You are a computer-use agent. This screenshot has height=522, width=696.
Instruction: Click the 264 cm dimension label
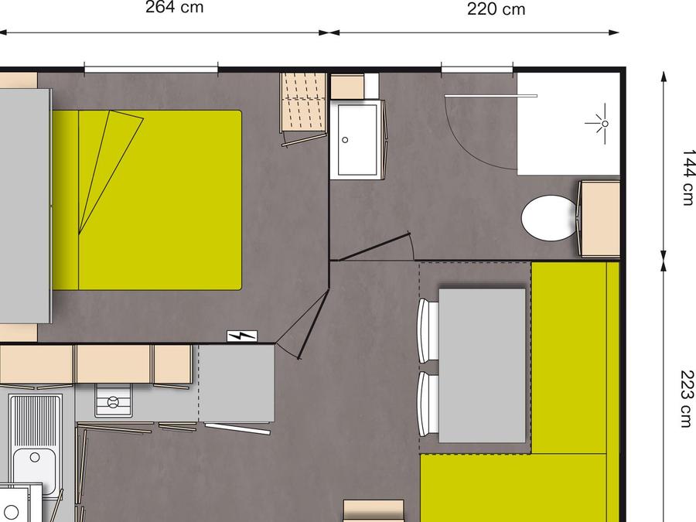pyautogui.click(x=175, y=7)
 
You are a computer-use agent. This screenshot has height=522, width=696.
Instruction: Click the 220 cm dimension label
pyautogui.click(x=496, y=9)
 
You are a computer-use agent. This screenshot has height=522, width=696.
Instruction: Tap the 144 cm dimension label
pyautogui.click(x=687, y=177)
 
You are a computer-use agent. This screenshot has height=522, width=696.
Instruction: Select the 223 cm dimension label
pyautogui.click(x=687, y=398)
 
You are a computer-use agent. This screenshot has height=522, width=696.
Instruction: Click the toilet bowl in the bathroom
pyautogui.click(x=548, y=218)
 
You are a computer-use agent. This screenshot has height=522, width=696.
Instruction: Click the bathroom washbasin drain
pyautogui.click(x=345, y=140)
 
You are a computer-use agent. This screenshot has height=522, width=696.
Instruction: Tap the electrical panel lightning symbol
pyautogui.click(x=242, y=336)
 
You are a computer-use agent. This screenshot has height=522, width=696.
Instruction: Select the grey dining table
pyautogui.click(x=482, y=366)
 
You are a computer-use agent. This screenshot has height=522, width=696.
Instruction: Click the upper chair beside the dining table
pyautogui.click(x=428, y=330)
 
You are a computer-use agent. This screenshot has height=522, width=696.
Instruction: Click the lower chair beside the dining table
pyautogui.click(x=428, y=404)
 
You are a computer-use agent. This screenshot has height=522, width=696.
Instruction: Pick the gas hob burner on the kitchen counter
pyautogui.click(x=114, y=402)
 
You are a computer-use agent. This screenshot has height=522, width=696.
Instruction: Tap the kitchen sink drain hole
pyautogui.click(x=35, y=457)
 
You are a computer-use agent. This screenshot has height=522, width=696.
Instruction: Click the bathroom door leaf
pyautogui.click(x=374, y=247)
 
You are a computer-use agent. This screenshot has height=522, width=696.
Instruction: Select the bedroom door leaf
pyautogui.click(x=314, y=325)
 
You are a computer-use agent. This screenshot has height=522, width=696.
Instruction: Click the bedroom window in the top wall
pyautogui.click(x=151, y=68)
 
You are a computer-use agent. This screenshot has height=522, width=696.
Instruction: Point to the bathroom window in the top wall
pyautogui.click(x=477, y=69)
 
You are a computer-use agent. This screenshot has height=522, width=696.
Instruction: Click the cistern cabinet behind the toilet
pyautogui.click(x=601, y=219)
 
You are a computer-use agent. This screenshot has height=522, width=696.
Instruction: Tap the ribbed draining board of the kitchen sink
pyautogui.click(x=35, y=420)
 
